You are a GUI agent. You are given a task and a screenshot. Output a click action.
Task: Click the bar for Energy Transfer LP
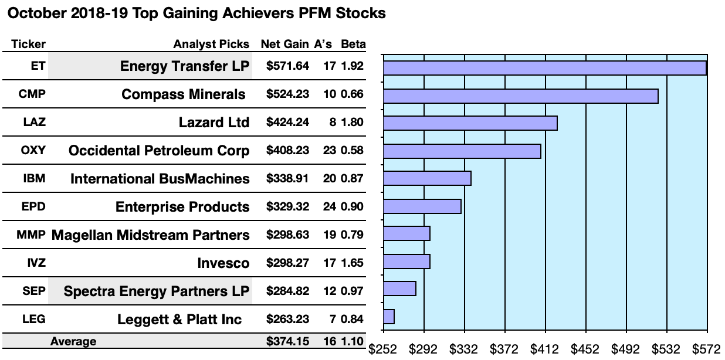click(x=544, y=68)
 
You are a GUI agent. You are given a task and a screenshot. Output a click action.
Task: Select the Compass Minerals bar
click(x=520, y=96)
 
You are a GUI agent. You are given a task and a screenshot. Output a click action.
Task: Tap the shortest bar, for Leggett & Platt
click(x=388, y=317)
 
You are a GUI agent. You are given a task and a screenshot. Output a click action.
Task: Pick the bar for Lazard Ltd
click(x=470, y=123)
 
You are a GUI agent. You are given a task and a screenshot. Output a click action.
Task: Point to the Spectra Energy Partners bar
click(x=399, y=288)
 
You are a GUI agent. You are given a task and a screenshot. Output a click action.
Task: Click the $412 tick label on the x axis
click(x=544, y=350)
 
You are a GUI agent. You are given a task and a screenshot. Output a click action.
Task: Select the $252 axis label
click(x=382, y=350)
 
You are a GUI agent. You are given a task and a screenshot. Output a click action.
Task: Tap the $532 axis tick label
click(x=665, y=350)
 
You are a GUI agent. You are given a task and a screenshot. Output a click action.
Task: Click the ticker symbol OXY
click(x=33, y=151)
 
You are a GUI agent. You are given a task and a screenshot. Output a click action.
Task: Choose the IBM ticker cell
click(x=33, y=178)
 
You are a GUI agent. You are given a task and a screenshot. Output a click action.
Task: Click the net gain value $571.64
click(x=287, y=66)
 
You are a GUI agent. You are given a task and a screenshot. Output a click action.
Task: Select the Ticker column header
click(x=28, y=45)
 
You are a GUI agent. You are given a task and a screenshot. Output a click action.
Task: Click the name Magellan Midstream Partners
click(x=151, y=235)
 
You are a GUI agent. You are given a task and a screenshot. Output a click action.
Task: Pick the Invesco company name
click(x=223, y=263)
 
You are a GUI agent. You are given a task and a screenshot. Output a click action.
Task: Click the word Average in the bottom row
click(x=73, y=341)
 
